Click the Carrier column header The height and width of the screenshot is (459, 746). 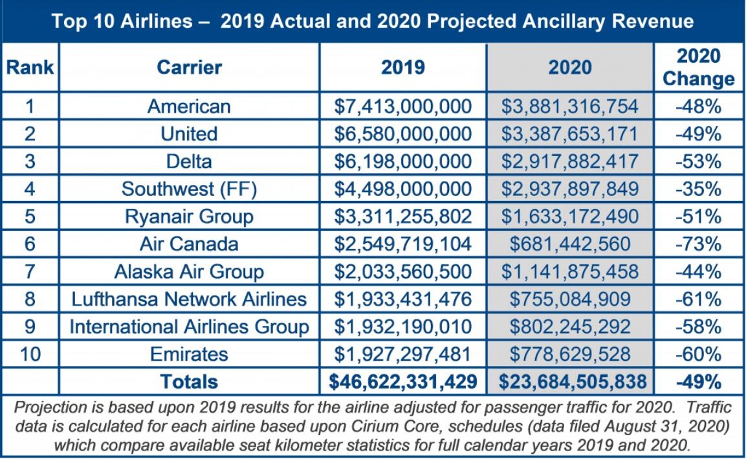pos(189,67)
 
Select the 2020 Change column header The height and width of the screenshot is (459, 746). pos(699,67)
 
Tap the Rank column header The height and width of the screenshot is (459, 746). pos(30,67)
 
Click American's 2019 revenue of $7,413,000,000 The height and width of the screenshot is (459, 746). pos(402,106)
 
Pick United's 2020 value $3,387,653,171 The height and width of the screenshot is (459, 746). pos(569,134)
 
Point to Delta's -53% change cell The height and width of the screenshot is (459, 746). pos(698,162)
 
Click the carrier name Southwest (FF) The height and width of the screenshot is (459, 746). pos(189,189)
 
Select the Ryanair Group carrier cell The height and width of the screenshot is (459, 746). pos(189,217)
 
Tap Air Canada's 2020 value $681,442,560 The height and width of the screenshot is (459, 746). pos(569,244)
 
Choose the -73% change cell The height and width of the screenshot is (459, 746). pos(698,244)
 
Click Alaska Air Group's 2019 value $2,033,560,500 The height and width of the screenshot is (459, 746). pos(402,272)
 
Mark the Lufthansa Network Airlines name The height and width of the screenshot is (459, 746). pos(189,299)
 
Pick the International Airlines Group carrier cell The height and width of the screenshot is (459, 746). pos(189,326)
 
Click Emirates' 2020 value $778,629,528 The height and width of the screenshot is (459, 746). pos(569,354)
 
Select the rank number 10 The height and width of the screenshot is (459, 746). pos(30,354)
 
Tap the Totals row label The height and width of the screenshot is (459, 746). pos(189,381)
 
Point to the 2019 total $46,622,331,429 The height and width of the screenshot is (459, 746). pos(402,381)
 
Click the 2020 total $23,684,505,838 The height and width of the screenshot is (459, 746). pos(572,381)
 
